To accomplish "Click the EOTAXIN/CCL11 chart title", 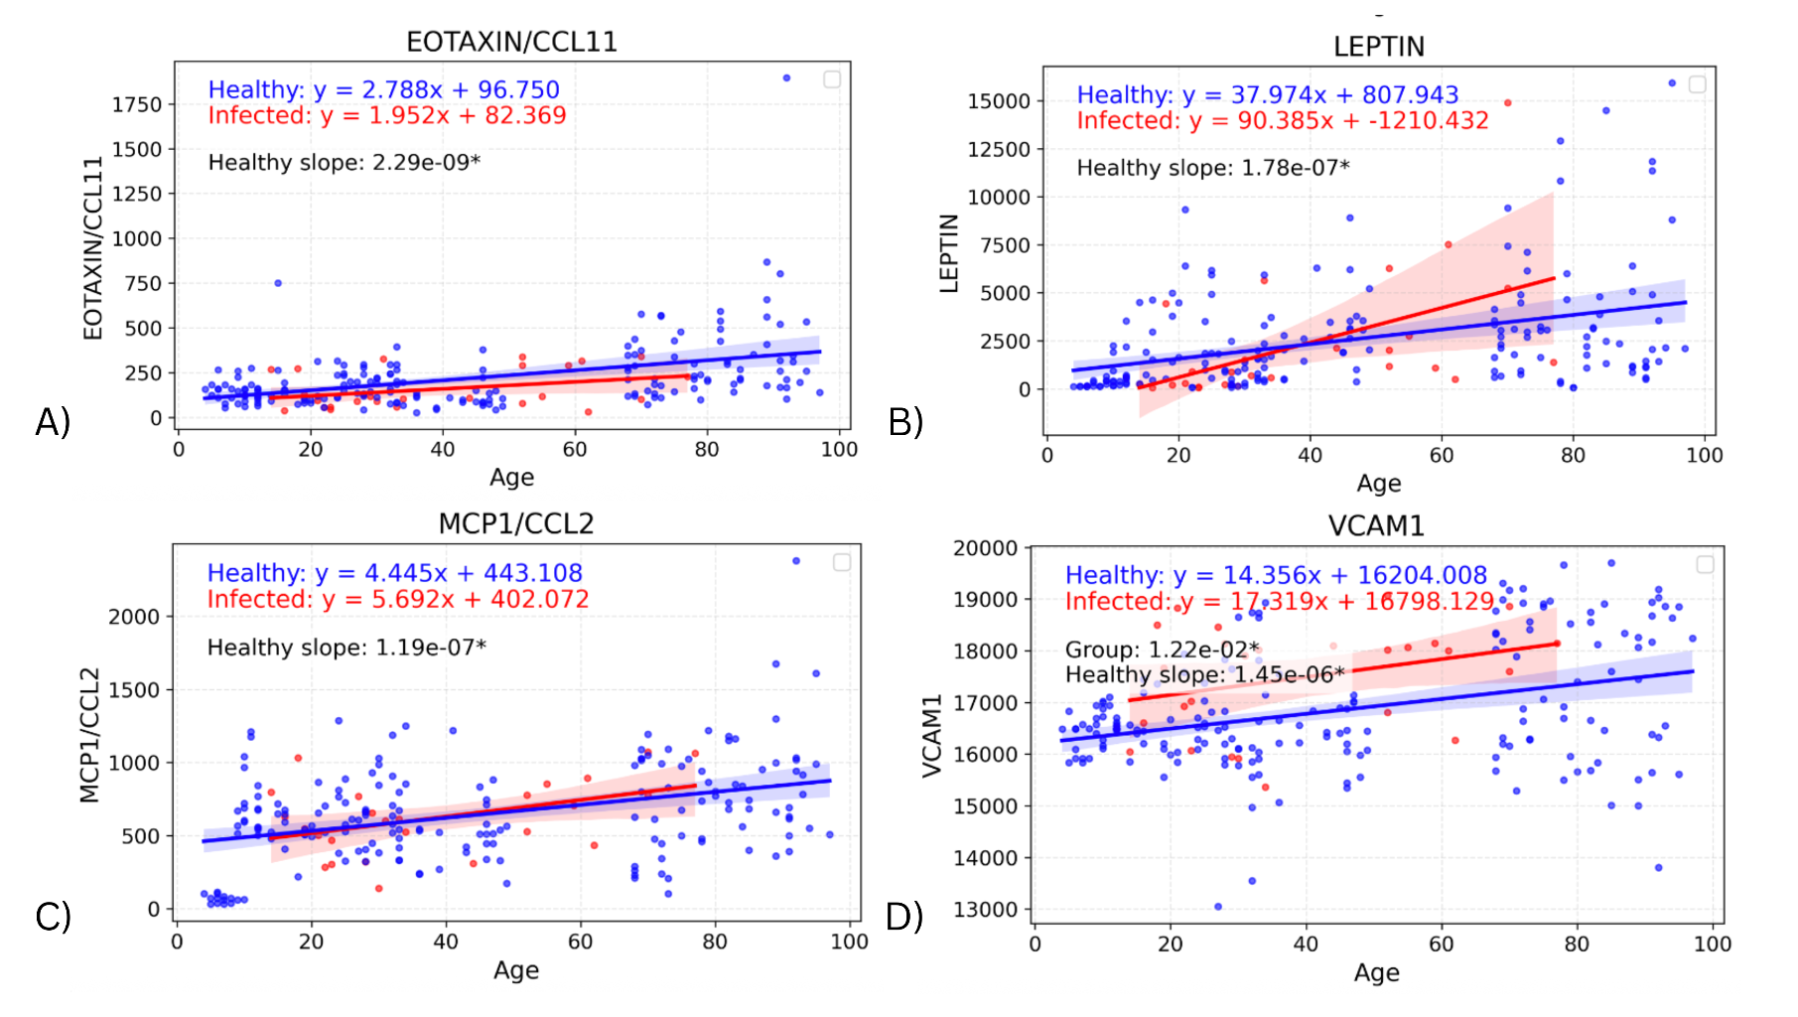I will pos(511,42).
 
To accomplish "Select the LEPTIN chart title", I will pos(1378,47).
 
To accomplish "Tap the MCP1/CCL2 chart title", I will pos(515,523).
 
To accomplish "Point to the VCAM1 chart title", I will pos(1376,525).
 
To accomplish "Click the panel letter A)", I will pos(53,422).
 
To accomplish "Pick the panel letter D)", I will pos(903,916).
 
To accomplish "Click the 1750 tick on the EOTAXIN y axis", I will pos(136,104).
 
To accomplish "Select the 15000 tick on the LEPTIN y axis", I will pos(999,101).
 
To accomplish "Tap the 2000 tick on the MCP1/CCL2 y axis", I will pos(134,617).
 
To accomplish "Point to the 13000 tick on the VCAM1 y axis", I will pos(985,910).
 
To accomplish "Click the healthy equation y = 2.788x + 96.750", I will pos(383,89).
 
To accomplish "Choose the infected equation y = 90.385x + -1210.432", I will pos(1283,121).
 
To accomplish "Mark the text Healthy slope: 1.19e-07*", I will pos(346,648).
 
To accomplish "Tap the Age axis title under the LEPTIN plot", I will pos(1378,484).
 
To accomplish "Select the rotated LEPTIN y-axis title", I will pos(949,253).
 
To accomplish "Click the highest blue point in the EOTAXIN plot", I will pos(786,77).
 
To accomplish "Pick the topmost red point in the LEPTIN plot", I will pos(1507,103).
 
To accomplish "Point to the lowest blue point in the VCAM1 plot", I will pos(1218,907).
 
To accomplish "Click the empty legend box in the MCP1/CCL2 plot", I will pos(841,562).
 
